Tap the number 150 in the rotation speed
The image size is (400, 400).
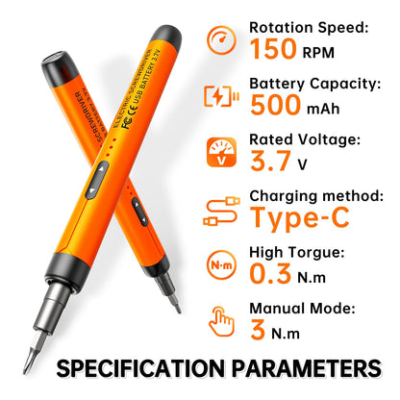[277, 48]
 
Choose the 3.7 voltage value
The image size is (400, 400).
[270, 162]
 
